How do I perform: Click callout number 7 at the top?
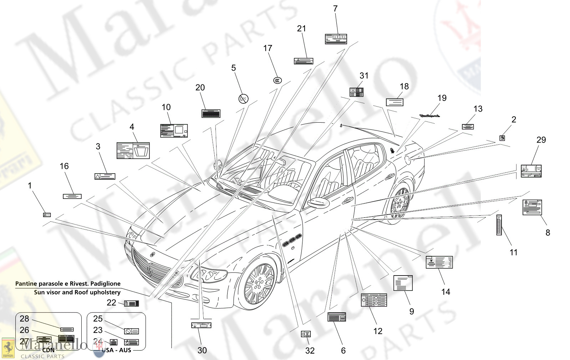click(x=335, y=9)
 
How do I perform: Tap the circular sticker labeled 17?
click(x=278, y=81)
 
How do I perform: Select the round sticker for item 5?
click(x=243, y=99)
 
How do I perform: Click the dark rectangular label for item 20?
click(x=211, y=113)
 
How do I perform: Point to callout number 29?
click(x=541, y=140)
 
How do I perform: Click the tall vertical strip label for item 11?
click(x=499, y=225)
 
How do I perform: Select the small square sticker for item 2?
click(x=502, y=138)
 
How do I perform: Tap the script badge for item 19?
click(x=429, y=116)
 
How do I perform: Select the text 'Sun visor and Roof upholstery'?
click(x=77, y=292)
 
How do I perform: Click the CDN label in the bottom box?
click(x=49, y=350)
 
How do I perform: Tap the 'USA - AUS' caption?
click(x=117, y=350)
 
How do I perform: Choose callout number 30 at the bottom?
click(x=202, y=350)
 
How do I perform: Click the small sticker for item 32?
click(x=306, y=334)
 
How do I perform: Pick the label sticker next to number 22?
click(x=131, y=303)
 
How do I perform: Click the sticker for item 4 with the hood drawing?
click(x=133, y=150)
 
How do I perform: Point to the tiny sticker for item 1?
click(x=47, y=215)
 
